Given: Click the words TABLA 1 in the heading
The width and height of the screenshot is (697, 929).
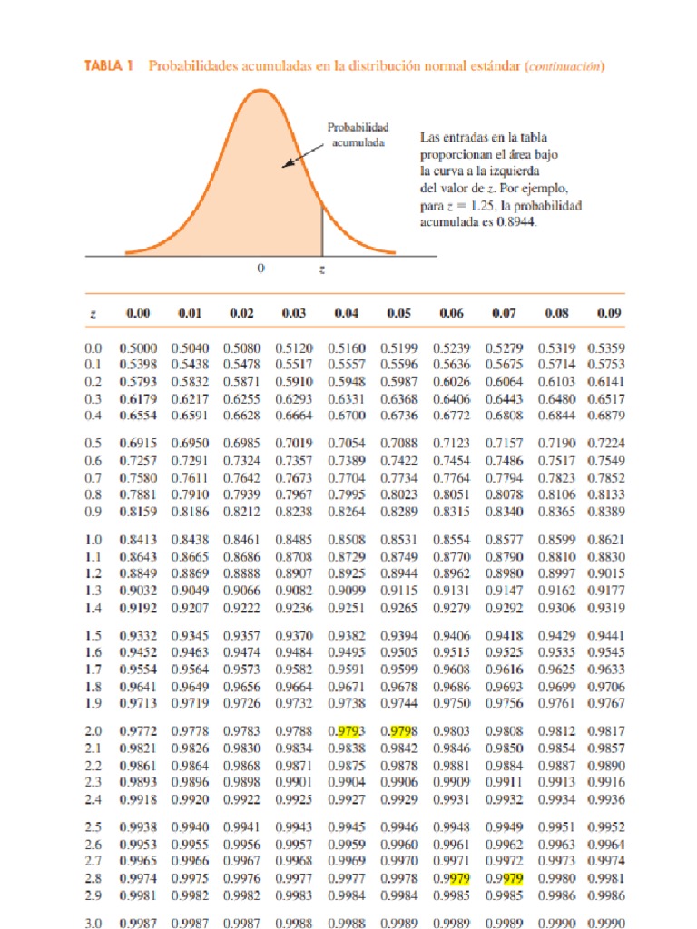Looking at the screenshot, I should pyautogui.click(x=109, y=66).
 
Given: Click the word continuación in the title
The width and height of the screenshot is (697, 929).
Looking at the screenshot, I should pyautogui.click(x=565, y=66).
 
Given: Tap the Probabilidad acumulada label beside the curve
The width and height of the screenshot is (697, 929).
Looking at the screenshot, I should pyautogui.click(x=358, y=135).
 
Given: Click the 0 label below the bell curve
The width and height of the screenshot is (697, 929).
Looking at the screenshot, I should pyautogui.click(x=261, y=269).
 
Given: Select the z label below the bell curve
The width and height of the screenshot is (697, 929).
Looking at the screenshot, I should pyautogui.click(x=322, y=269).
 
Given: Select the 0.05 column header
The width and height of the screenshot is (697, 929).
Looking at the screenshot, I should pyautogui.click(x=398, y=313).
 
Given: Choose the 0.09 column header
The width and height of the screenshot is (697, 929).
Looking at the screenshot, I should pyautogui.click(x=609, y=313).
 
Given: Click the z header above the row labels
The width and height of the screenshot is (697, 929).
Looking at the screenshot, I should pyautogui.click(x=93, y=313).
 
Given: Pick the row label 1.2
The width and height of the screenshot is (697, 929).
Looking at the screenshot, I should pyautogui.click(x=93, y=573).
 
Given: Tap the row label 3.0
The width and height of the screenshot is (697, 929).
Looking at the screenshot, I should pyautogui.click(x=93, y=924).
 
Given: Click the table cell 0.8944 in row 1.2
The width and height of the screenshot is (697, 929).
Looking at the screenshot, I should pyautogui.click(x=398, y=573).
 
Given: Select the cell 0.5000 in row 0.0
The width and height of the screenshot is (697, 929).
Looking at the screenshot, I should pyautogui.click(x=137, y=347).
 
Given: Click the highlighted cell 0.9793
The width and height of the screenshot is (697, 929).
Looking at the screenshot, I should pyautogui.click(x=346, y=730).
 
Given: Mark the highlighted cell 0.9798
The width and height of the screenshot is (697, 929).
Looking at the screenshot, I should pyautogui.click(x=398, y=730).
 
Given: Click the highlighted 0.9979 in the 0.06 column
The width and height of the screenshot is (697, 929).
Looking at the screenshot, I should pyautogui.click(x=451, y=878).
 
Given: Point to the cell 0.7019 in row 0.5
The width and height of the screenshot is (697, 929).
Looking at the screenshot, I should pyautogui.click(x=293, y=443).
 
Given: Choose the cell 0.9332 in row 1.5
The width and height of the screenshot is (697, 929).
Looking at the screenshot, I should pyautogui.click(x=137, y=635).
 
